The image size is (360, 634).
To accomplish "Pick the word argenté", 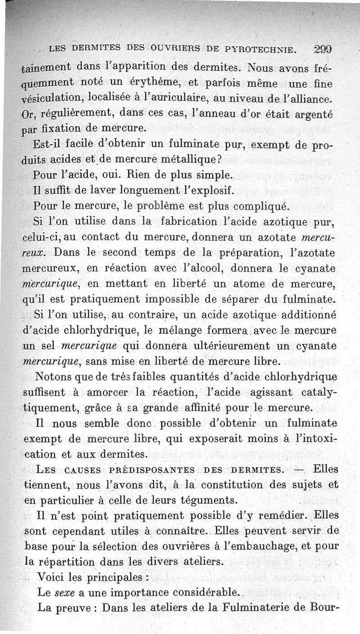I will point(314,115).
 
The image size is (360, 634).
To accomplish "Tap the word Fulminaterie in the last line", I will point(255,607).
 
